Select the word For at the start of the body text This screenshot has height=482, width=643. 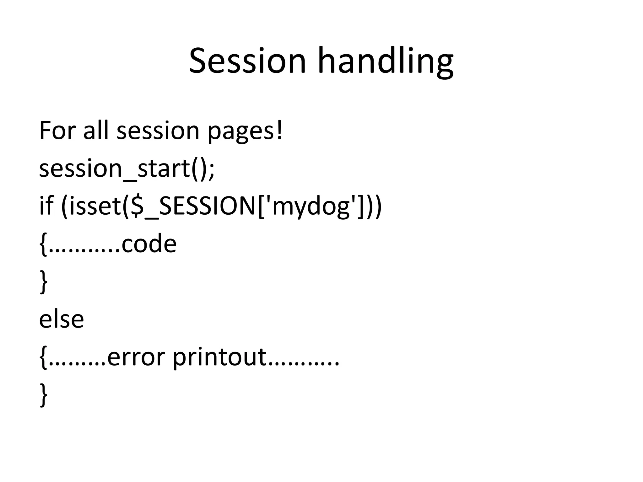[57, 131]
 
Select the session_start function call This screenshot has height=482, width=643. [122, 169]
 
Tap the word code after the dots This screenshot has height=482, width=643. [149, 244]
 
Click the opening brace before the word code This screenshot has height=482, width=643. [44, 245]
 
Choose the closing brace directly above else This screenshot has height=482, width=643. [44, 282]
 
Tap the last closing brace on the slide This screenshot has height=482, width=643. [44, 395]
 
